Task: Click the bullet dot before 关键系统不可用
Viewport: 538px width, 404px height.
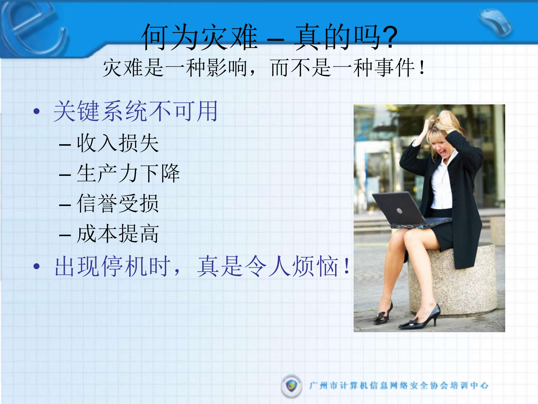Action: click(x=36, y=111)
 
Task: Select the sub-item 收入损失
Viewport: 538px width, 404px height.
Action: click(x=118, y=143)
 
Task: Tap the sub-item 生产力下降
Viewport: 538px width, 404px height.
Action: click(x=128, y=173)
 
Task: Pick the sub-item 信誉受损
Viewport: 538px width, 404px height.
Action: click(x=118, y=204)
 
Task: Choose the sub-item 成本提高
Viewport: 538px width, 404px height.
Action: click(x=118, y=234)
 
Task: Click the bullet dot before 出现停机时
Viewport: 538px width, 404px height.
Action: click(x=36, y=266)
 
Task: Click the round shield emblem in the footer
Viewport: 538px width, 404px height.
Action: click(x=291, y=386)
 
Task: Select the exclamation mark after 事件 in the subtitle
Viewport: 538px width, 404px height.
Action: click(x=422, y=68)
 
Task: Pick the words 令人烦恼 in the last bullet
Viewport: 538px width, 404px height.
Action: click(x=291, y=266)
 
